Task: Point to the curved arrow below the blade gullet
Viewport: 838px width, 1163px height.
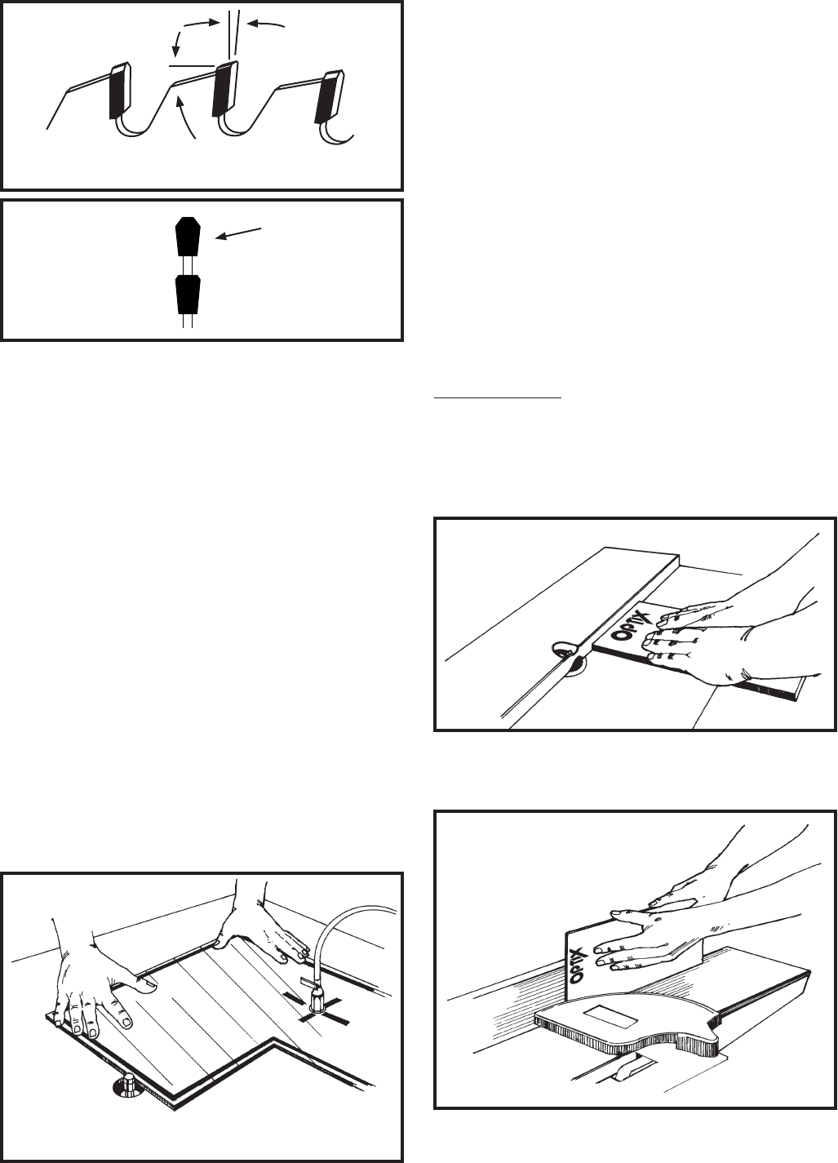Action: pyautogui.click(x=186, y=119)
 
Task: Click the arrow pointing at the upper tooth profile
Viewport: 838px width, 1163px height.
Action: pyautogui.click(x=238, y=233)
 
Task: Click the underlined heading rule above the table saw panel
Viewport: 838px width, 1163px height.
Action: pyautogui.click(x=498, y=398)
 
